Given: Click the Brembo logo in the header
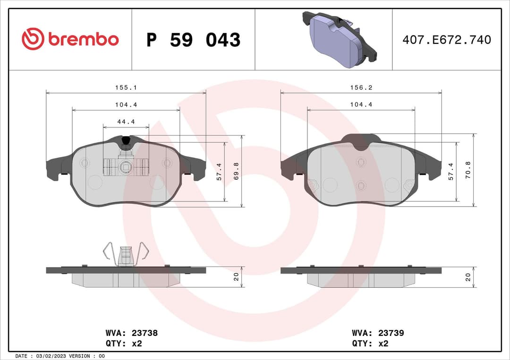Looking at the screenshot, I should (70, 40).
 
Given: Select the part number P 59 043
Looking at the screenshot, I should (193, 40).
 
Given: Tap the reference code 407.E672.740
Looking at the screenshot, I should (446, 40).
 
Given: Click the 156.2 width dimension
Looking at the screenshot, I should (361, 88).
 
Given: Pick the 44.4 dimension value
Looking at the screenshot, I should (126, 122).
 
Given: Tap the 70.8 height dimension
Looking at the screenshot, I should (468, 170).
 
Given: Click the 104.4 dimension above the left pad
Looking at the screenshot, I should (126, 105).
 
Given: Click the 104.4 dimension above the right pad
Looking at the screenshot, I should (361, 105).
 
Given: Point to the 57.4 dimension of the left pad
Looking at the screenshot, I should (219, 172).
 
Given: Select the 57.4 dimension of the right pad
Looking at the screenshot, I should (451, 172).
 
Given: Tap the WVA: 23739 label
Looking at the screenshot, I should (378, 333).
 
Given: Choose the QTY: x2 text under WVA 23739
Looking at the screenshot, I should (370, 343).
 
